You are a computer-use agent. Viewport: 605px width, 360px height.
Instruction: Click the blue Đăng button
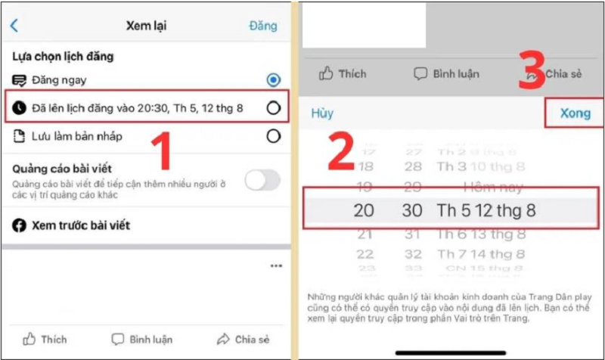tap(263, 26)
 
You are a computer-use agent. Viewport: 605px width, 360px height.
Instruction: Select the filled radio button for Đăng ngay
tap(273, 79)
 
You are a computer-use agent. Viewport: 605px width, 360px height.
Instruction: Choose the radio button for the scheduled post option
tap(273, 108)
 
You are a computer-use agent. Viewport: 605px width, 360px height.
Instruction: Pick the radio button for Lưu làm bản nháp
tap(273, 136)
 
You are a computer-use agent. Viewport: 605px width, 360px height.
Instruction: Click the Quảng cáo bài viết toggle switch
tap(262, 180)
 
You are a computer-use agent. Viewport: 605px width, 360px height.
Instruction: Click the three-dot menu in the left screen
tap(276, 266)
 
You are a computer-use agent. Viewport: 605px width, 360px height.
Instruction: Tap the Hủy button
tap(322, 113)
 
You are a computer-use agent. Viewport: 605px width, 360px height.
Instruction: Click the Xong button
tap(576, 113)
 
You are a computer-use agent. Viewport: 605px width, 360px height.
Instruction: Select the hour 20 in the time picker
tap(364, 211)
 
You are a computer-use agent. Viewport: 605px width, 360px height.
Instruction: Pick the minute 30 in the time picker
tap(412, 211)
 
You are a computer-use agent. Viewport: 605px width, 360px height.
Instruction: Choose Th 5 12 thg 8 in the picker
tap(486, 211)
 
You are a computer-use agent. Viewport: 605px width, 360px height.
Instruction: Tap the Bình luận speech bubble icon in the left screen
tap(118, 339)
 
